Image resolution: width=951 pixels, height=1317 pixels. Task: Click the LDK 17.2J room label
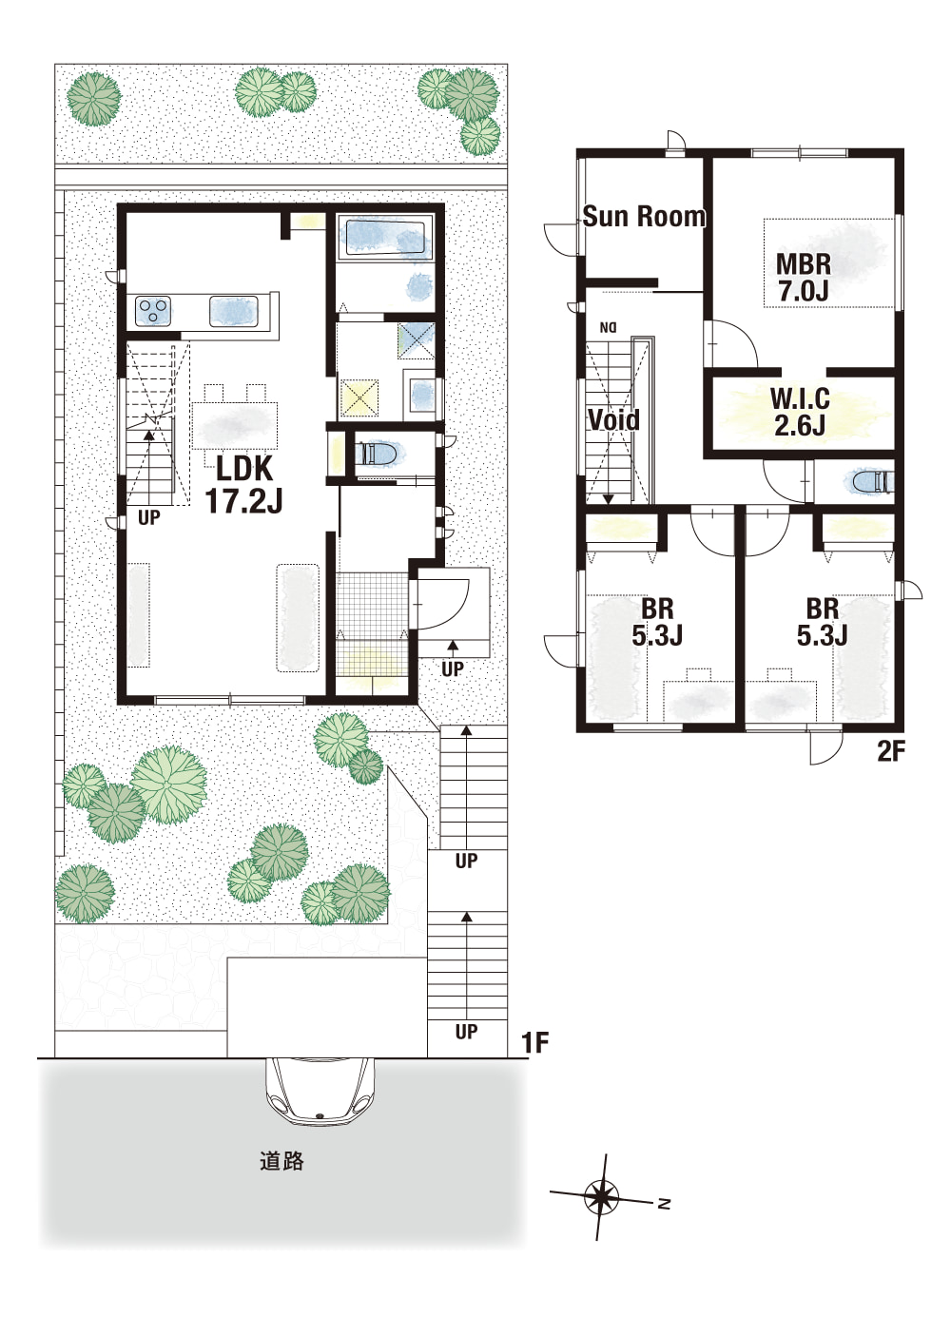(x=243, y=485)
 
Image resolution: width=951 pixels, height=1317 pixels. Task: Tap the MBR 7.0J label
(x=804, y=278)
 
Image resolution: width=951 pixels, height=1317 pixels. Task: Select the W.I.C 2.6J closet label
(x=800, y=413)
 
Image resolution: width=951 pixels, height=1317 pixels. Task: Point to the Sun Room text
(x=644, y=217)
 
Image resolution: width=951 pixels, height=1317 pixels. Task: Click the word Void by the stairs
(x=614, y=420)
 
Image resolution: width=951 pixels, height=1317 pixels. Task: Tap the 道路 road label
(x=281, y=1161)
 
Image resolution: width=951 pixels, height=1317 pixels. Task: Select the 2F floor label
(x=890, y=752)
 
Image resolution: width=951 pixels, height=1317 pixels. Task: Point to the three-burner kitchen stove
(x=153, y=310)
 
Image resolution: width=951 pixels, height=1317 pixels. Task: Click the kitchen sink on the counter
(x=234, y=310)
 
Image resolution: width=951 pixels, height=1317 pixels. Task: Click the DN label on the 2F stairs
(x=607, y=326)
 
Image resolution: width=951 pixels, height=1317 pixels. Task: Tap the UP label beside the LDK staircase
(x=148, y=518)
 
